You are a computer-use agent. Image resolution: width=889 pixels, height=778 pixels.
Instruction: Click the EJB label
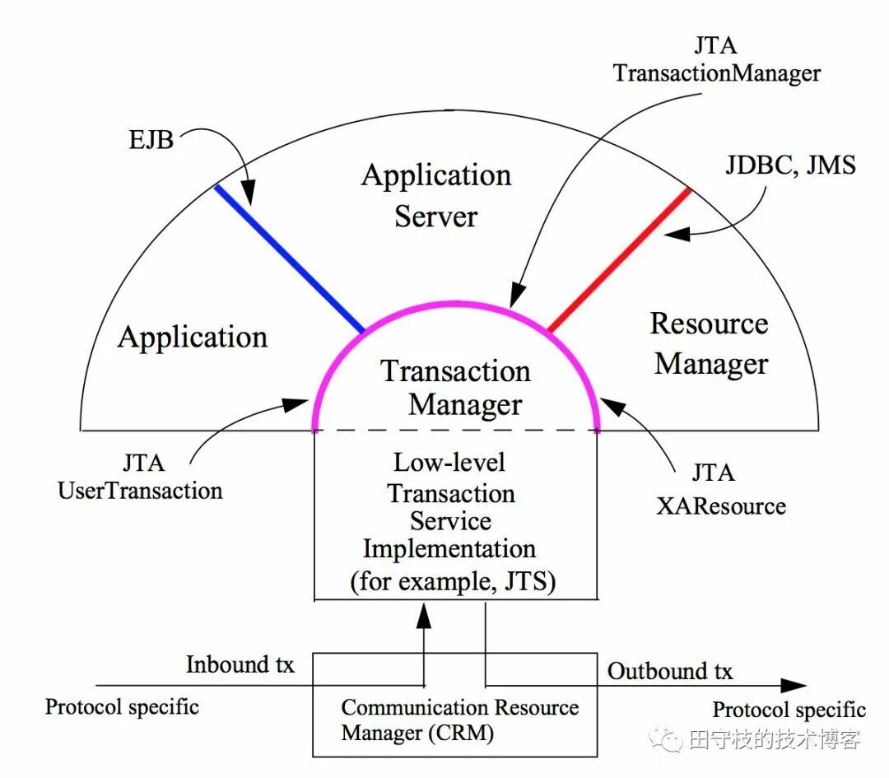150,139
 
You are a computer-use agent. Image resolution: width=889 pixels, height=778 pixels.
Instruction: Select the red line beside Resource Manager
619,259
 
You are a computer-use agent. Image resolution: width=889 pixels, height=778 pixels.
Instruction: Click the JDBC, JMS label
790,165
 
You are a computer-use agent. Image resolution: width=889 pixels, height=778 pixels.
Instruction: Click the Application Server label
436,196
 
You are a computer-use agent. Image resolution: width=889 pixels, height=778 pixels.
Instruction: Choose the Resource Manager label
710,344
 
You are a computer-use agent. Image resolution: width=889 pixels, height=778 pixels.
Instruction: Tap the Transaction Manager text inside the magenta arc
456,388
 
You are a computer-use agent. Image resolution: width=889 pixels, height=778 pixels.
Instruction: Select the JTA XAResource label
720,489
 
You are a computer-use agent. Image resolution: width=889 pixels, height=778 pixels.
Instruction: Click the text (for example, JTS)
453,581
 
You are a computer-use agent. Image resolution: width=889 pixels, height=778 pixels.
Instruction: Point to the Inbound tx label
240,664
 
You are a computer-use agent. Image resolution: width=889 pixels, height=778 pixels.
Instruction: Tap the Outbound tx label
670,671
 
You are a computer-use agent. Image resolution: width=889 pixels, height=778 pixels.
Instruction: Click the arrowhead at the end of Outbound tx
794,685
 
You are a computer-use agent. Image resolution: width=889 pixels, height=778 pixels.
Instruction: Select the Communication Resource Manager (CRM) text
459,720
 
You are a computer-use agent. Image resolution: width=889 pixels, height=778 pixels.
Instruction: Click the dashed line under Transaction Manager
455,430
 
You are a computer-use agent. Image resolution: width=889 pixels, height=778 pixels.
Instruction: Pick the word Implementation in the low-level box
449,548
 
